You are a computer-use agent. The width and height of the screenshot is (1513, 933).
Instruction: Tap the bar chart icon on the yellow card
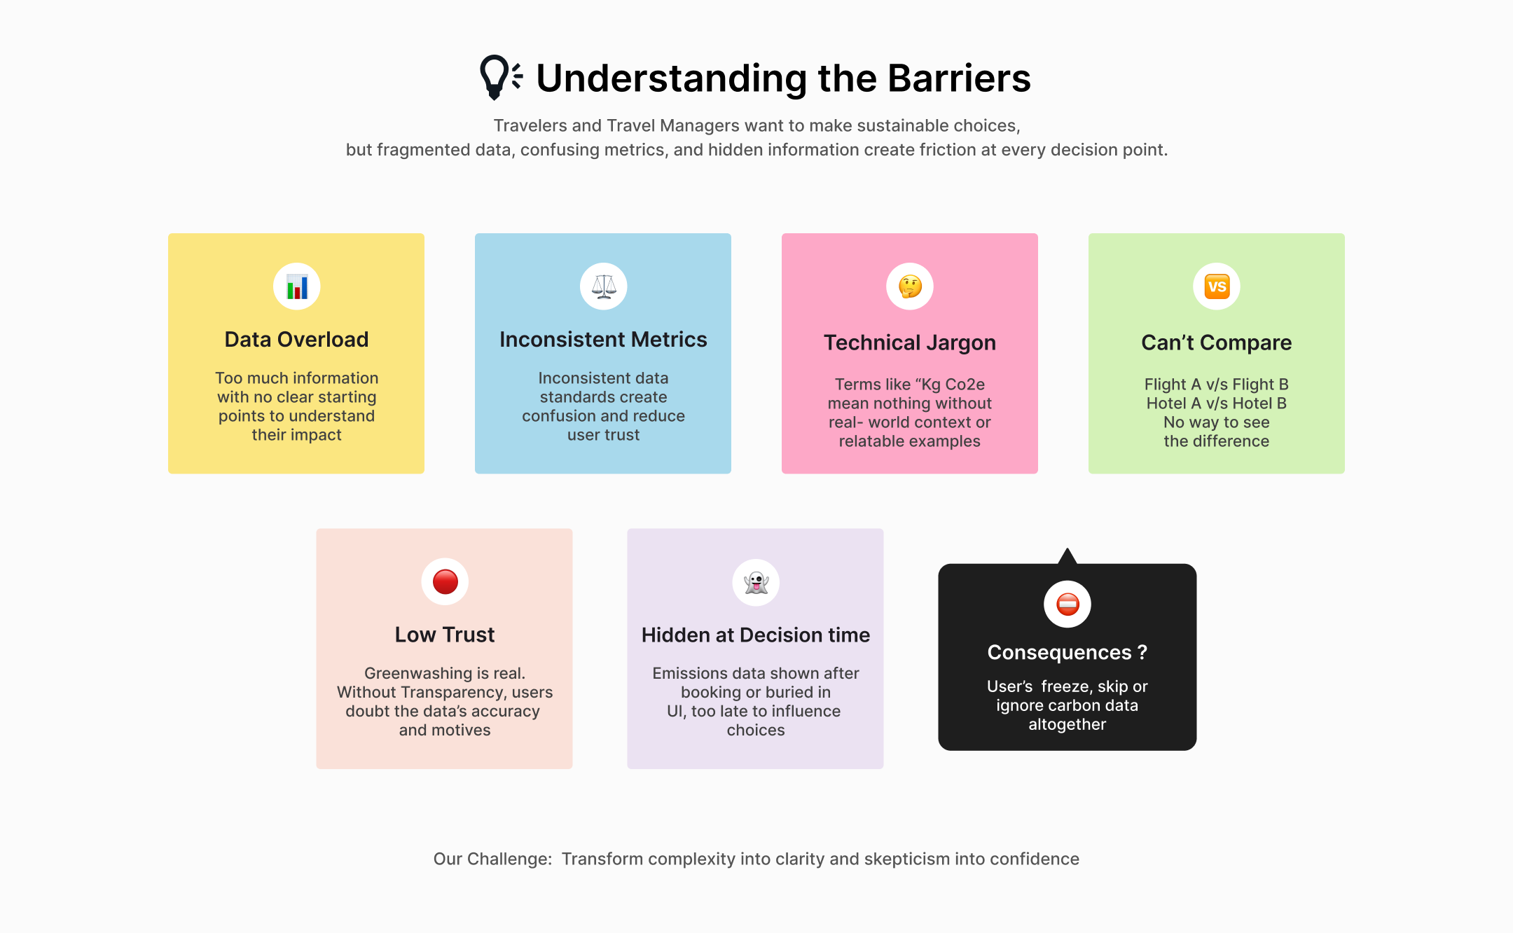(297, 286)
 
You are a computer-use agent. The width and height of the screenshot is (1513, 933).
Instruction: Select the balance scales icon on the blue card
(604, 286)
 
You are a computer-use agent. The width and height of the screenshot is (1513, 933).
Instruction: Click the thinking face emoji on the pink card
(910, 286)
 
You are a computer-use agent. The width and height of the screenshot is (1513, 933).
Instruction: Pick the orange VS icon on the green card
(1217, 286)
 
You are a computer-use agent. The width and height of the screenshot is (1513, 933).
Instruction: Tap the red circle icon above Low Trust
(445, 582)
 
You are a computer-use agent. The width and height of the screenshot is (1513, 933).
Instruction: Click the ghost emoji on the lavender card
(756, 582)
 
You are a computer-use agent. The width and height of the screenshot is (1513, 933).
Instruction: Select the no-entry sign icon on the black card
(1068, 604)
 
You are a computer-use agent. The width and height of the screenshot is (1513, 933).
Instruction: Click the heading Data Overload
(296, 340)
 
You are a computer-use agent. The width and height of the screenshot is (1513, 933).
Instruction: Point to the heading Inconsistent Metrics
(603, 340)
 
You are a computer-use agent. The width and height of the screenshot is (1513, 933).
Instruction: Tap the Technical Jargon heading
(910, 343)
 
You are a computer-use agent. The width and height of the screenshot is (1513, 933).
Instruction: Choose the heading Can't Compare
(1217, 343)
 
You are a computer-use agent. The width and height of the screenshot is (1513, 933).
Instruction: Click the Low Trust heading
(445, 635)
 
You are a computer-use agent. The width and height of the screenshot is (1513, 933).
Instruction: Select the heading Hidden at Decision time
(756, 635)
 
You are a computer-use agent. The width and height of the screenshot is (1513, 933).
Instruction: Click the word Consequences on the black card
(1059, 653)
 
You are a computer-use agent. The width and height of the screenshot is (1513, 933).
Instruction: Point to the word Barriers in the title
(960, 78)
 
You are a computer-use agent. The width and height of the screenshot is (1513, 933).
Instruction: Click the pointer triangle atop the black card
(1068, 556)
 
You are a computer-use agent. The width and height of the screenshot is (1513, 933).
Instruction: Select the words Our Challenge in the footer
(492, 859)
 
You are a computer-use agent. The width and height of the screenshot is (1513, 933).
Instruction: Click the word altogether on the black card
(1068, 725)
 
